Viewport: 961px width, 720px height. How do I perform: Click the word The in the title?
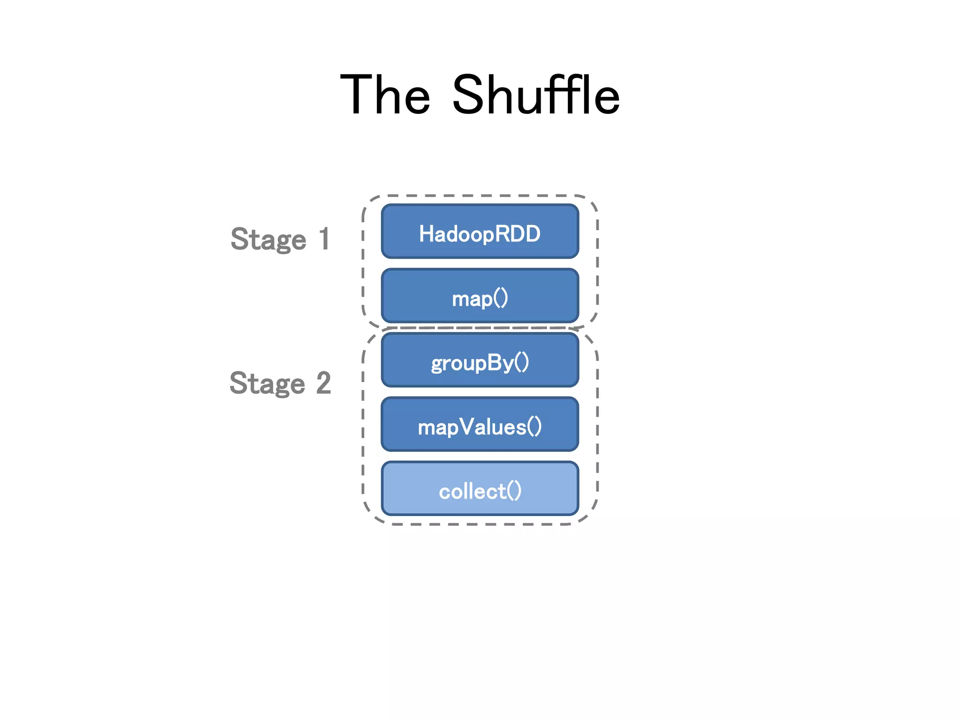pos(385,95)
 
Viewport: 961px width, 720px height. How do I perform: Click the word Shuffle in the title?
pos(535,95)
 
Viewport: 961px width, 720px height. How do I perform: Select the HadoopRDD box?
pos(480,231)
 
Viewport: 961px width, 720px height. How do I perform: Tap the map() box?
pos(480,296)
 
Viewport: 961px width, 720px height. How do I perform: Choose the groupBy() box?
pos(480,360)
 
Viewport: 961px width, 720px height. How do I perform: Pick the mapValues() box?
pos(480,424)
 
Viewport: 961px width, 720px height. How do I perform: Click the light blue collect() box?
pos(480,488)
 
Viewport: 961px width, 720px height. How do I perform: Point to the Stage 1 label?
pos(280,239)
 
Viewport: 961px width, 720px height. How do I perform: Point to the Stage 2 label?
pos(280,383)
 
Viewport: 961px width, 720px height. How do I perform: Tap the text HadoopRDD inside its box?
pos(480,233)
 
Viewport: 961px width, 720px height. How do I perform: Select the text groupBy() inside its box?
pos(480,363)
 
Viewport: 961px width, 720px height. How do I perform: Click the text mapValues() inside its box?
pos(480,427)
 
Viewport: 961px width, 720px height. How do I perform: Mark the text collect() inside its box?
pos(480,491)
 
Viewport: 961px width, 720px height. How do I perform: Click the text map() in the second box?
pos(480,299)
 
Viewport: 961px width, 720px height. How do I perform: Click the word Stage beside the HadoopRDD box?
pos(268,240)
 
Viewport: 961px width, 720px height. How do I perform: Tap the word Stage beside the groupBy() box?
pos(267,383)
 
